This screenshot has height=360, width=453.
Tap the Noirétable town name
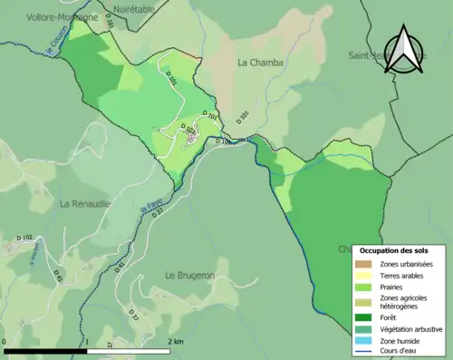click(x=135, y=7)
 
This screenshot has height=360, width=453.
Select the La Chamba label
click(x=260, y=63)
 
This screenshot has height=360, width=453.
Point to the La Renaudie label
click(x=84, y=204)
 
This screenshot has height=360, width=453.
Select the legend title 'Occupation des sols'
click(x=394, y=249)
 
